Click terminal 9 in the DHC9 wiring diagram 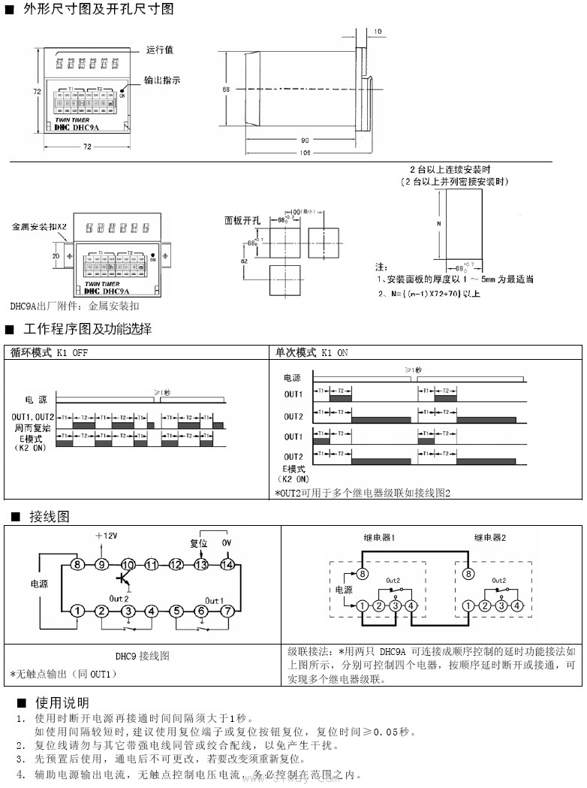pos(102,564)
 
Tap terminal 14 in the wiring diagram pos(227,564)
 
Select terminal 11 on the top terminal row pos(152,564)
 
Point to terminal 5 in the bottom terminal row pos(177,611)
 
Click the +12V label pos(107,536)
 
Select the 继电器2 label pos(489,538)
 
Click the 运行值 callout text pos(159,50)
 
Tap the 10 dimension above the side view pos(377,32)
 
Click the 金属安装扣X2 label pos(39,226)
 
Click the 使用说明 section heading pos(62,703)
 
